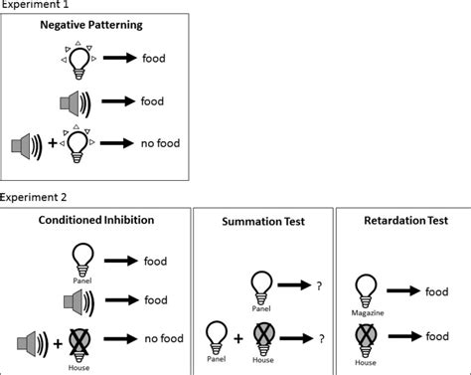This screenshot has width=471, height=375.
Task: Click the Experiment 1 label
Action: (38, 5)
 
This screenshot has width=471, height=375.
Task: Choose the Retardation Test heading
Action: (403, 221)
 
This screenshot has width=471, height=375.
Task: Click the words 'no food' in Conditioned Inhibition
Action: (168, 337)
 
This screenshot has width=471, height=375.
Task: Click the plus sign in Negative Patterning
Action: (52, 143)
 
